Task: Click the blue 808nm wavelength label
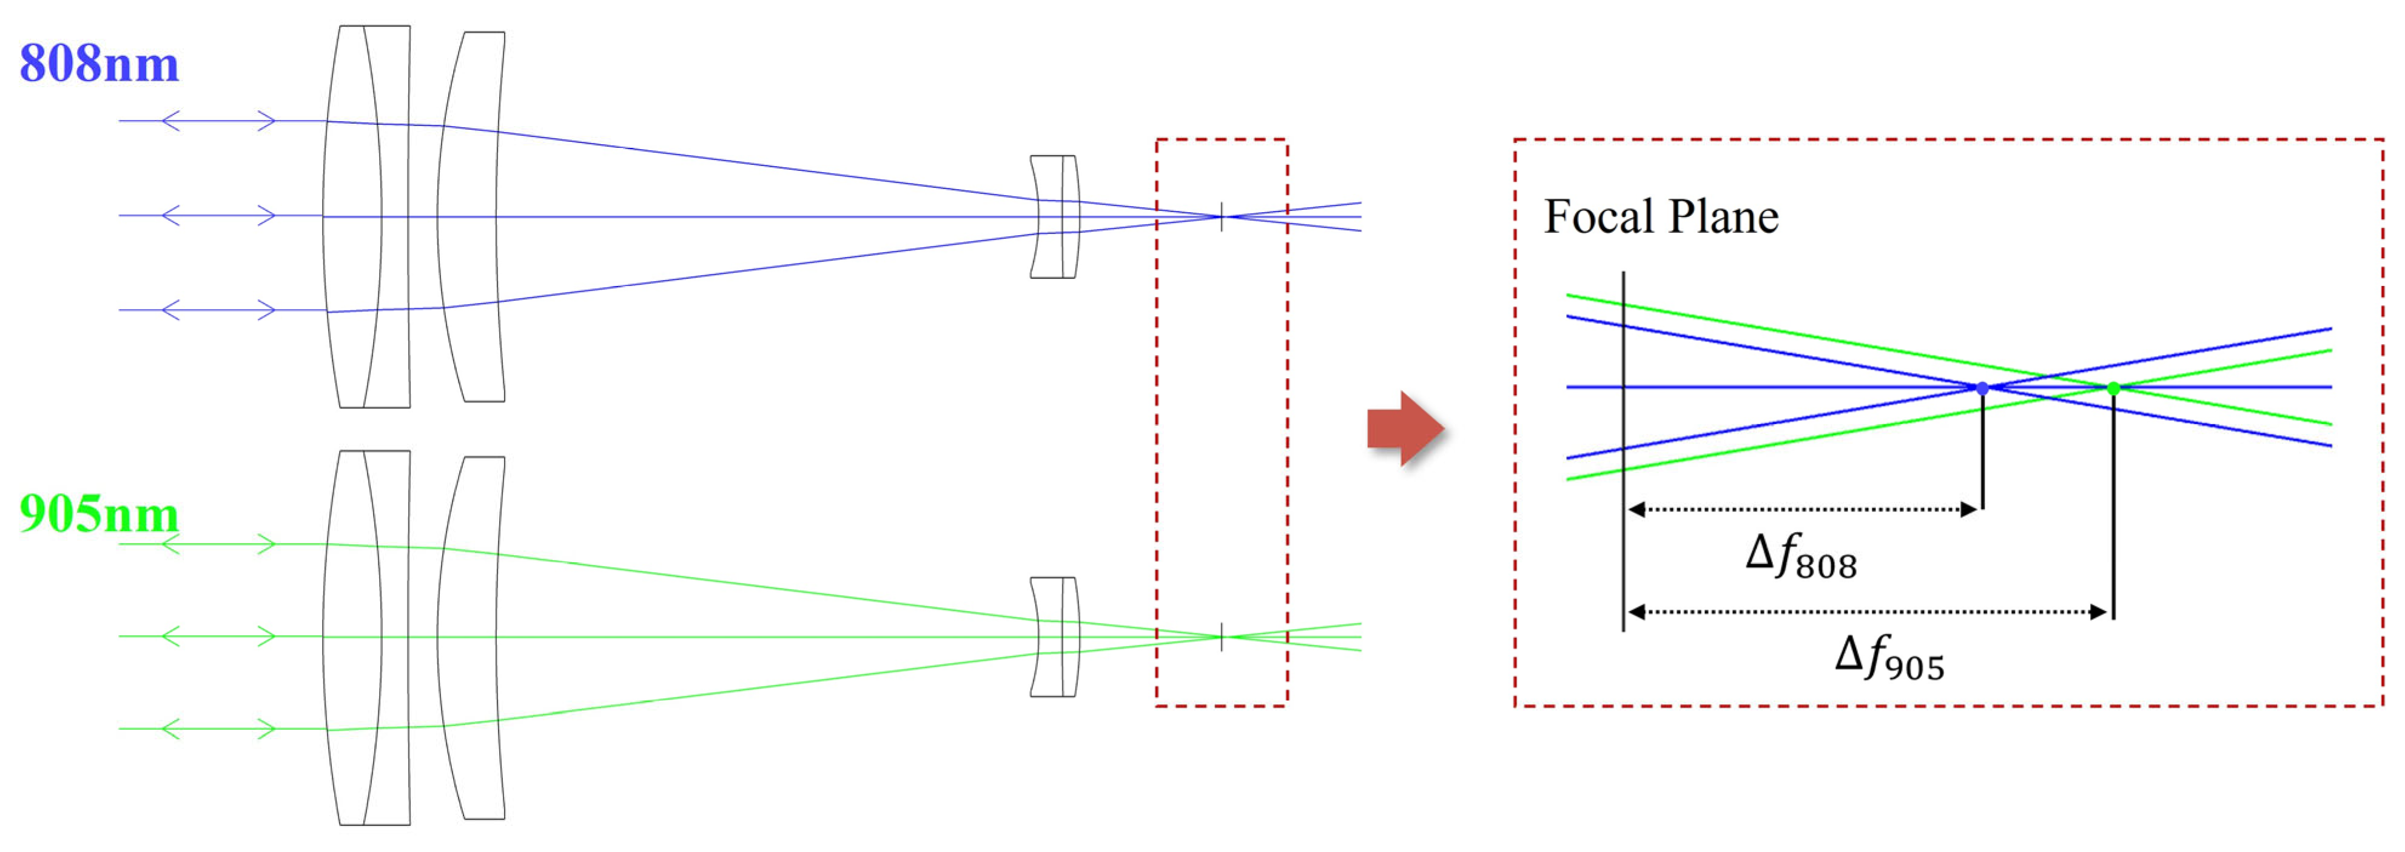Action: [x=99, y=64]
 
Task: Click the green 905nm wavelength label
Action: [x=99, y=514]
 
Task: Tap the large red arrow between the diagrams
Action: [x=1405, y=428]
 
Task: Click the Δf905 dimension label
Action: [x=1889, y=658]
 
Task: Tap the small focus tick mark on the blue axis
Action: [x=1221, y=216]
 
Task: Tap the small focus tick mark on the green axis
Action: [x=1221, y=636]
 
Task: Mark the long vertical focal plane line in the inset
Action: [x=1624, y=451]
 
